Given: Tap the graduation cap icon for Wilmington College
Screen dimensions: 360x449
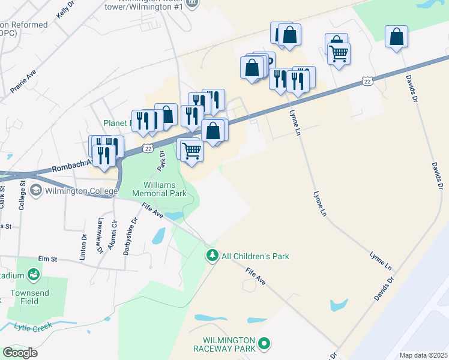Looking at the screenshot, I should (x=35, y=191).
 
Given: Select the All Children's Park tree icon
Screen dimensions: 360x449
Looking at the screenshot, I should (x=212, y=256).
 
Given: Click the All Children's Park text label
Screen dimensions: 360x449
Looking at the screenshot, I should (x=255, y=256).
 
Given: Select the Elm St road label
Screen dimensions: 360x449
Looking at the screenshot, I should (x=46, y=259).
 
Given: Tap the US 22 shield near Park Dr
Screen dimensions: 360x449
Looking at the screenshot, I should (x=148, y=148).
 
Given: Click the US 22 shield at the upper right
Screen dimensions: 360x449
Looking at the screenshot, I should (x=367, y=82).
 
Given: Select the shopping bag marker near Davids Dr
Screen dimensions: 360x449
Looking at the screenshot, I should (x=397, y=37).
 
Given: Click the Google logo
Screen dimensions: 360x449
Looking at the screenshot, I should (x=20, y=353).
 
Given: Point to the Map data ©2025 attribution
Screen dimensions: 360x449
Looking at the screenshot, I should (x=423, y=355).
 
